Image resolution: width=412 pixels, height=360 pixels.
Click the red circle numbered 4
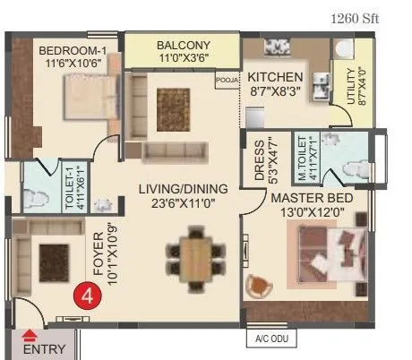point(86,293)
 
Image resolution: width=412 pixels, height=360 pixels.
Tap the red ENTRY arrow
point(29,336)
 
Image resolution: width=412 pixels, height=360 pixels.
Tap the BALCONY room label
point(182,45)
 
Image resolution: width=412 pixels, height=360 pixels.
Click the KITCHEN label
point(275,77)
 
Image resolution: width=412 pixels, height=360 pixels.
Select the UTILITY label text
point(341,85)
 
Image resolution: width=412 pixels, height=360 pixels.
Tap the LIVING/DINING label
point(183,188)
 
